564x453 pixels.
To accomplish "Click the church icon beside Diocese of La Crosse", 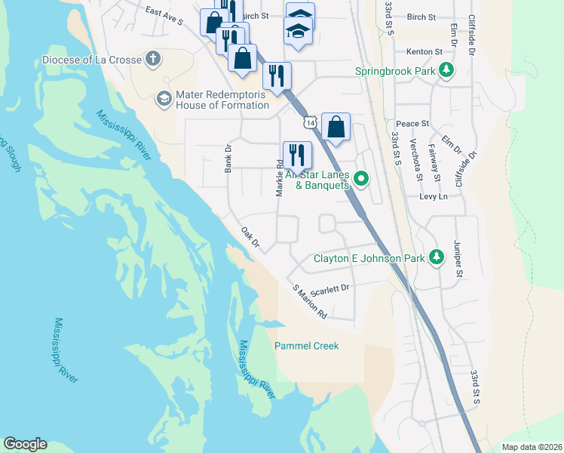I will coord(153,60).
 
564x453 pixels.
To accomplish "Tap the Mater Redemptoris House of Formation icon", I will coord(164,98).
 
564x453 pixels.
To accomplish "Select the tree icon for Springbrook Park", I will coord(447,71).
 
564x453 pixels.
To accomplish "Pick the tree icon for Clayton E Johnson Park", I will coord(436,257).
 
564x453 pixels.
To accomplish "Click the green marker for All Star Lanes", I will coord(361,179).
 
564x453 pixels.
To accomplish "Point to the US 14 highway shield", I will coord(308,122).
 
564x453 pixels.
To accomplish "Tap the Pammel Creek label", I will coord(306,346).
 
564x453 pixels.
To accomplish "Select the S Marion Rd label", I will coord(310,300).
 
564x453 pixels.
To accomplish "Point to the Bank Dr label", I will coord(228,159).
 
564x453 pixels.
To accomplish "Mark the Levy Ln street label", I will coord(434,196).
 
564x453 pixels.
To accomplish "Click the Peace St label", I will coord(412,123).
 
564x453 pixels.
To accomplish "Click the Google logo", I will coord(25,444).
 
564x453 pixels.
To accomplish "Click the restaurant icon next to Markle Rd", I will coord(297,156).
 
